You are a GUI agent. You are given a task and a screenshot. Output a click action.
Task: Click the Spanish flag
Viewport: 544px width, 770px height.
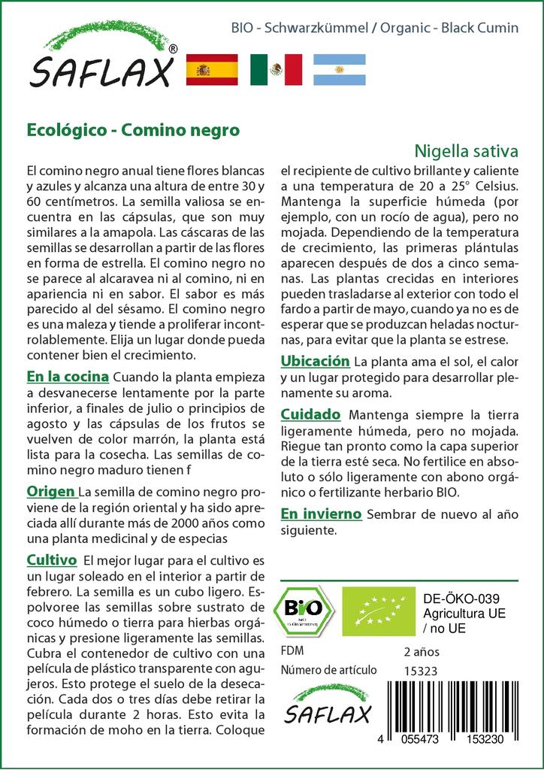point(211,70)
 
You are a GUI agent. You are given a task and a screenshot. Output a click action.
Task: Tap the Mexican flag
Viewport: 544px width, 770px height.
point(276,70)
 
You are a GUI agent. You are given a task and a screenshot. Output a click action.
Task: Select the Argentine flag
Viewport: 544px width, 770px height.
point(339,70)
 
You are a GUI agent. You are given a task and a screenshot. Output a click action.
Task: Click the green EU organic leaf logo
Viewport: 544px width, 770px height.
point(376,611)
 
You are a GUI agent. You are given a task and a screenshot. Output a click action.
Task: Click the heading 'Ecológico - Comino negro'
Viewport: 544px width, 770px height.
point(133,129)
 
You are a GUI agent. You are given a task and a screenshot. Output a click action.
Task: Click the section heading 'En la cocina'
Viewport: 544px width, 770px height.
point(68,376)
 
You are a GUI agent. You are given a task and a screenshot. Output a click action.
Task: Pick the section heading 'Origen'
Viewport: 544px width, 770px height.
point(51,491)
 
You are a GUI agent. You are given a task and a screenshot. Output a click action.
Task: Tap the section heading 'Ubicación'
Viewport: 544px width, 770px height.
point(316,361)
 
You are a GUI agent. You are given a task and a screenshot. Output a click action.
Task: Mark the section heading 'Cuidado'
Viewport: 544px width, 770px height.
point(311,414)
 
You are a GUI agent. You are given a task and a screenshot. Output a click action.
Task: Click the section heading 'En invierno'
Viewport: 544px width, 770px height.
point(322,514)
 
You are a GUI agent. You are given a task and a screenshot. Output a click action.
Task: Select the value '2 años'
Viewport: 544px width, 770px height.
point(422,651)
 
